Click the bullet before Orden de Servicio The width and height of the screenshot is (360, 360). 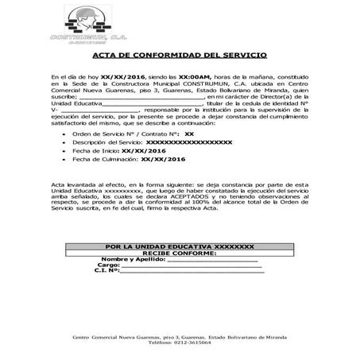coord(64,134)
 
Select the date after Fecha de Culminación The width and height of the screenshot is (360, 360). coord(165,158)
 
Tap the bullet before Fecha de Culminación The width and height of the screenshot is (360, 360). coord(64,158)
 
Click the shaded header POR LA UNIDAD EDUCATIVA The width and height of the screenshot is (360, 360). coord(180,247)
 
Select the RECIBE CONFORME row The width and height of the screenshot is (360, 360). coord(180,254)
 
